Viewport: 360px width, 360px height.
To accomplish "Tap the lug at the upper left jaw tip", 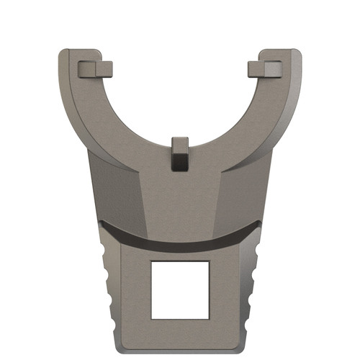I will [94, 68].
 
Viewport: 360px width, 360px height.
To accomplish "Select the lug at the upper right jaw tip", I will [266, 68].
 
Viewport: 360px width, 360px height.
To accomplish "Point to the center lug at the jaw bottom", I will [180, 153].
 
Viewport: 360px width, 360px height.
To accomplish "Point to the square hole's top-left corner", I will [151, 261].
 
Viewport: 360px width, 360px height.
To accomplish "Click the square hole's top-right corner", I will [209, 261].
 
